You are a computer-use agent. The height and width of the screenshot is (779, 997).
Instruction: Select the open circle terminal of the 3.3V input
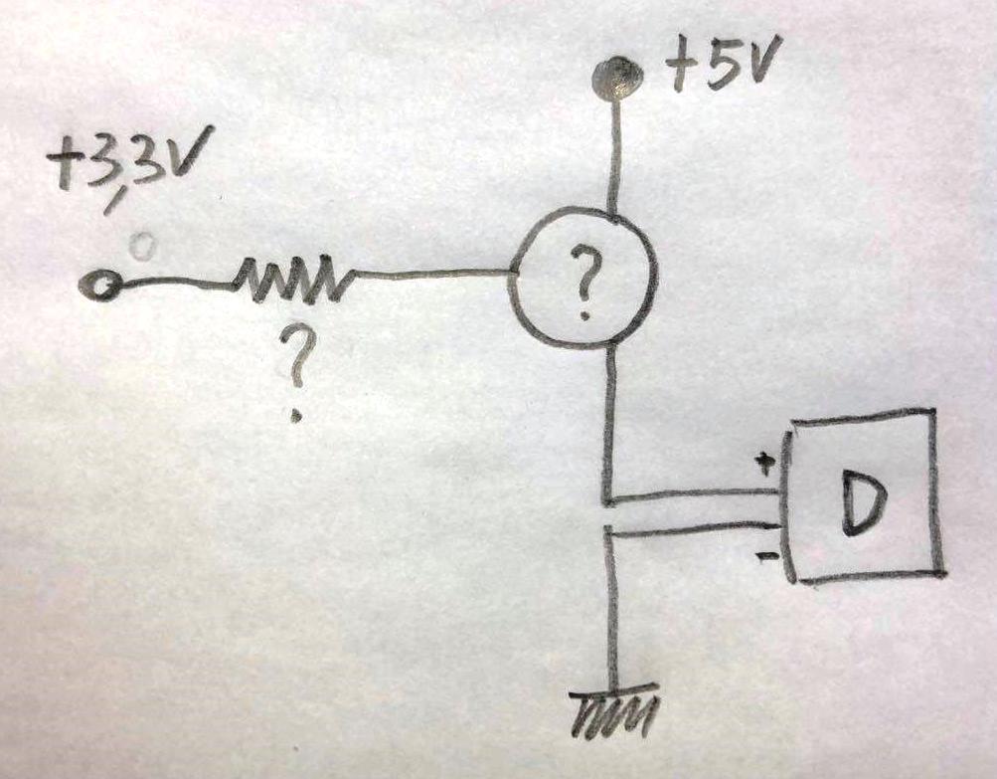coord(99,285)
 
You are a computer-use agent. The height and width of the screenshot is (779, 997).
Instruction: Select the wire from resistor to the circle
coord(432,274)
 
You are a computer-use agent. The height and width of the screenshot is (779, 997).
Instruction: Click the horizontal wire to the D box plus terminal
coord(693,495)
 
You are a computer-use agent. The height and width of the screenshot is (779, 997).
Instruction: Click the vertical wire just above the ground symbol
coord(611,611)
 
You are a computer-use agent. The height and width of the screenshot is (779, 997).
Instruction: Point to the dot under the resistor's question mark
coord(295,416)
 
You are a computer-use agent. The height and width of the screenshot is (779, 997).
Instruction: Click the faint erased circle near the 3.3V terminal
coord(141,246)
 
